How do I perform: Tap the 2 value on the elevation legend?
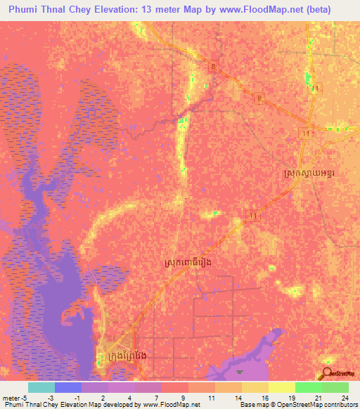tap(103, 396)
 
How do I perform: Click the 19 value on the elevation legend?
tap(290, 396)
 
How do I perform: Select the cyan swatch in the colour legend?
tap(41, 387)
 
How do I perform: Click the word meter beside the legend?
tap(11, 396)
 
